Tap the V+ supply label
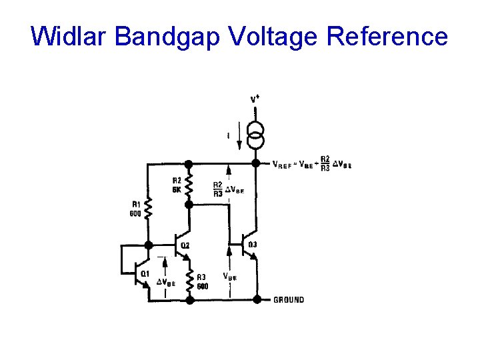[255, 99]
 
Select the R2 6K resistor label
[177, 185]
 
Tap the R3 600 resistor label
[202, 281]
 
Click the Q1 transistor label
[143, 274]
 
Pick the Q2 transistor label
[185, 245]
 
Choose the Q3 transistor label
[253, 245]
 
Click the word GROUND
[289, 300]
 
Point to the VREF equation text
[312, 163]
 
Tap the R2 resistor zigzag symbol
[189, 185]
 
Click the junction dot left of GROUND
[256, 300]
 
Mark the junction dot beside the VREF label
[256, 163]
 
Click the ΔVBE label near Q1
[165, 282]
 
